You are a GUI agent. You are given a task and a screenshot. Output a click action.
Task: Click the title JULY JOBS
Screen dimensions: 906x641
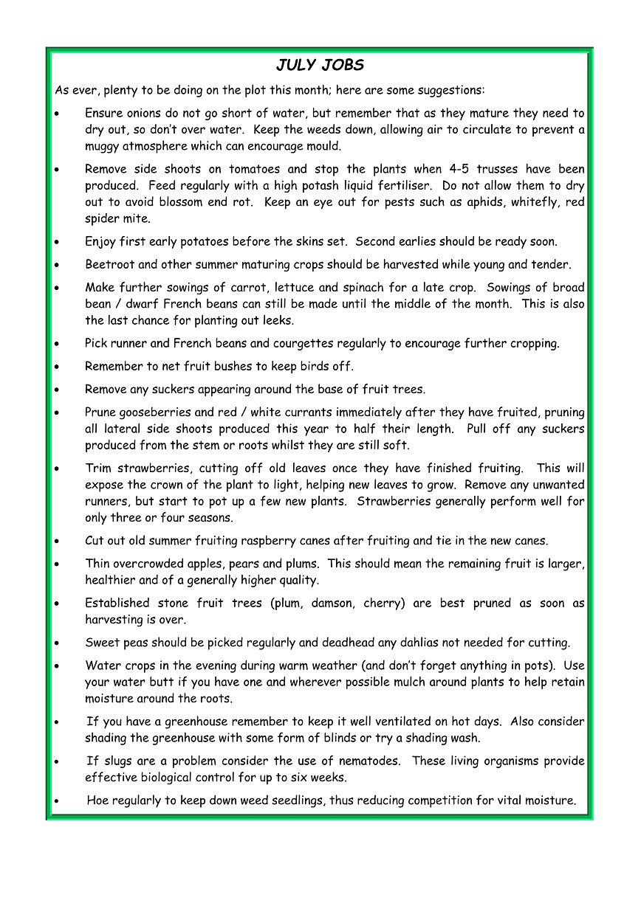320,65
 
